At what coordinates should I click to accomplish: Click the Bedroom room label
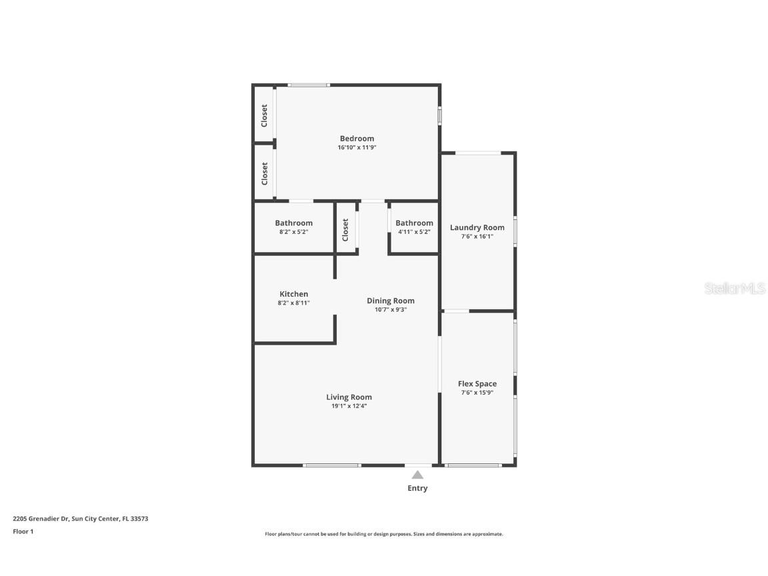[x=357, y=139]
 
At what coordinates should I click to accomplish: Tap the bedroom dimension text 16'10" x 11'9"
[x=357, y=148]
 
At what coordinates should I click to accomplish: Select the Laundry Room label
[x=477, y=227]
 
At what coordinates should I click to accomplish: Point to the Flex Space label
[x=477, y=384]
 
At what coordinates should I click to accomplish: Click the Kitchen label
[x=293, y=294]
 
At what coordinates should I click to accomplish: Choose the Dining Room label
[x=390, y=301]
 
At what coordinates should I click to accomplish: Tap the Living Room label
[x=349, y=397]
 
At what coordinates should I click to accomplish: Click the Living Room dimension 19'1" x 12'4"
[x=349, y=406]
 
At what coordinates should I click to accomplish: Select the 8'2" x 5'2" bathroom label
[x=293, y=232]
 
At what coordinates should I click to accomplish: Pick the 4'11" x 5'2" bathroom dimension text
[x=414, y=232]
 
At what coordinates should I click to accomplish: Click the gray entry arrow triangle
[x=417, y=475]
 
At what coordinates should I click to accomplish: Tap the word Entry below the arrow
[x=417, y=488]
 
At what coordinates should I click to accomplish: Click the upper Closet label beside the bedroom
[x=265, y=115]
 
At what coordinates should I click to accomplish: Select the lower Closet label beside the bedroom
[x=265, y=173]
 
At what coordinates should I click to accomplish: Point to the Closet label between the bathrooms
[x=345, y=230]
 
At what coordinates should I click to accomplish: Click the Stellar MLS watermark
[x=735, y=288]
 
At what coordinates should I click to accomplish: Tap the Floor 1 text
[x=23, y=531]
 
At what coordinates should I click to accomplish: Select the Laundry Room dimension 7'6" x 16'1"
[x=477, y=236]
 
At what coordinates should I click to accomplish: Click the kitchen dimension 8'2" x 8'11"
[x=293, y=303]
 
